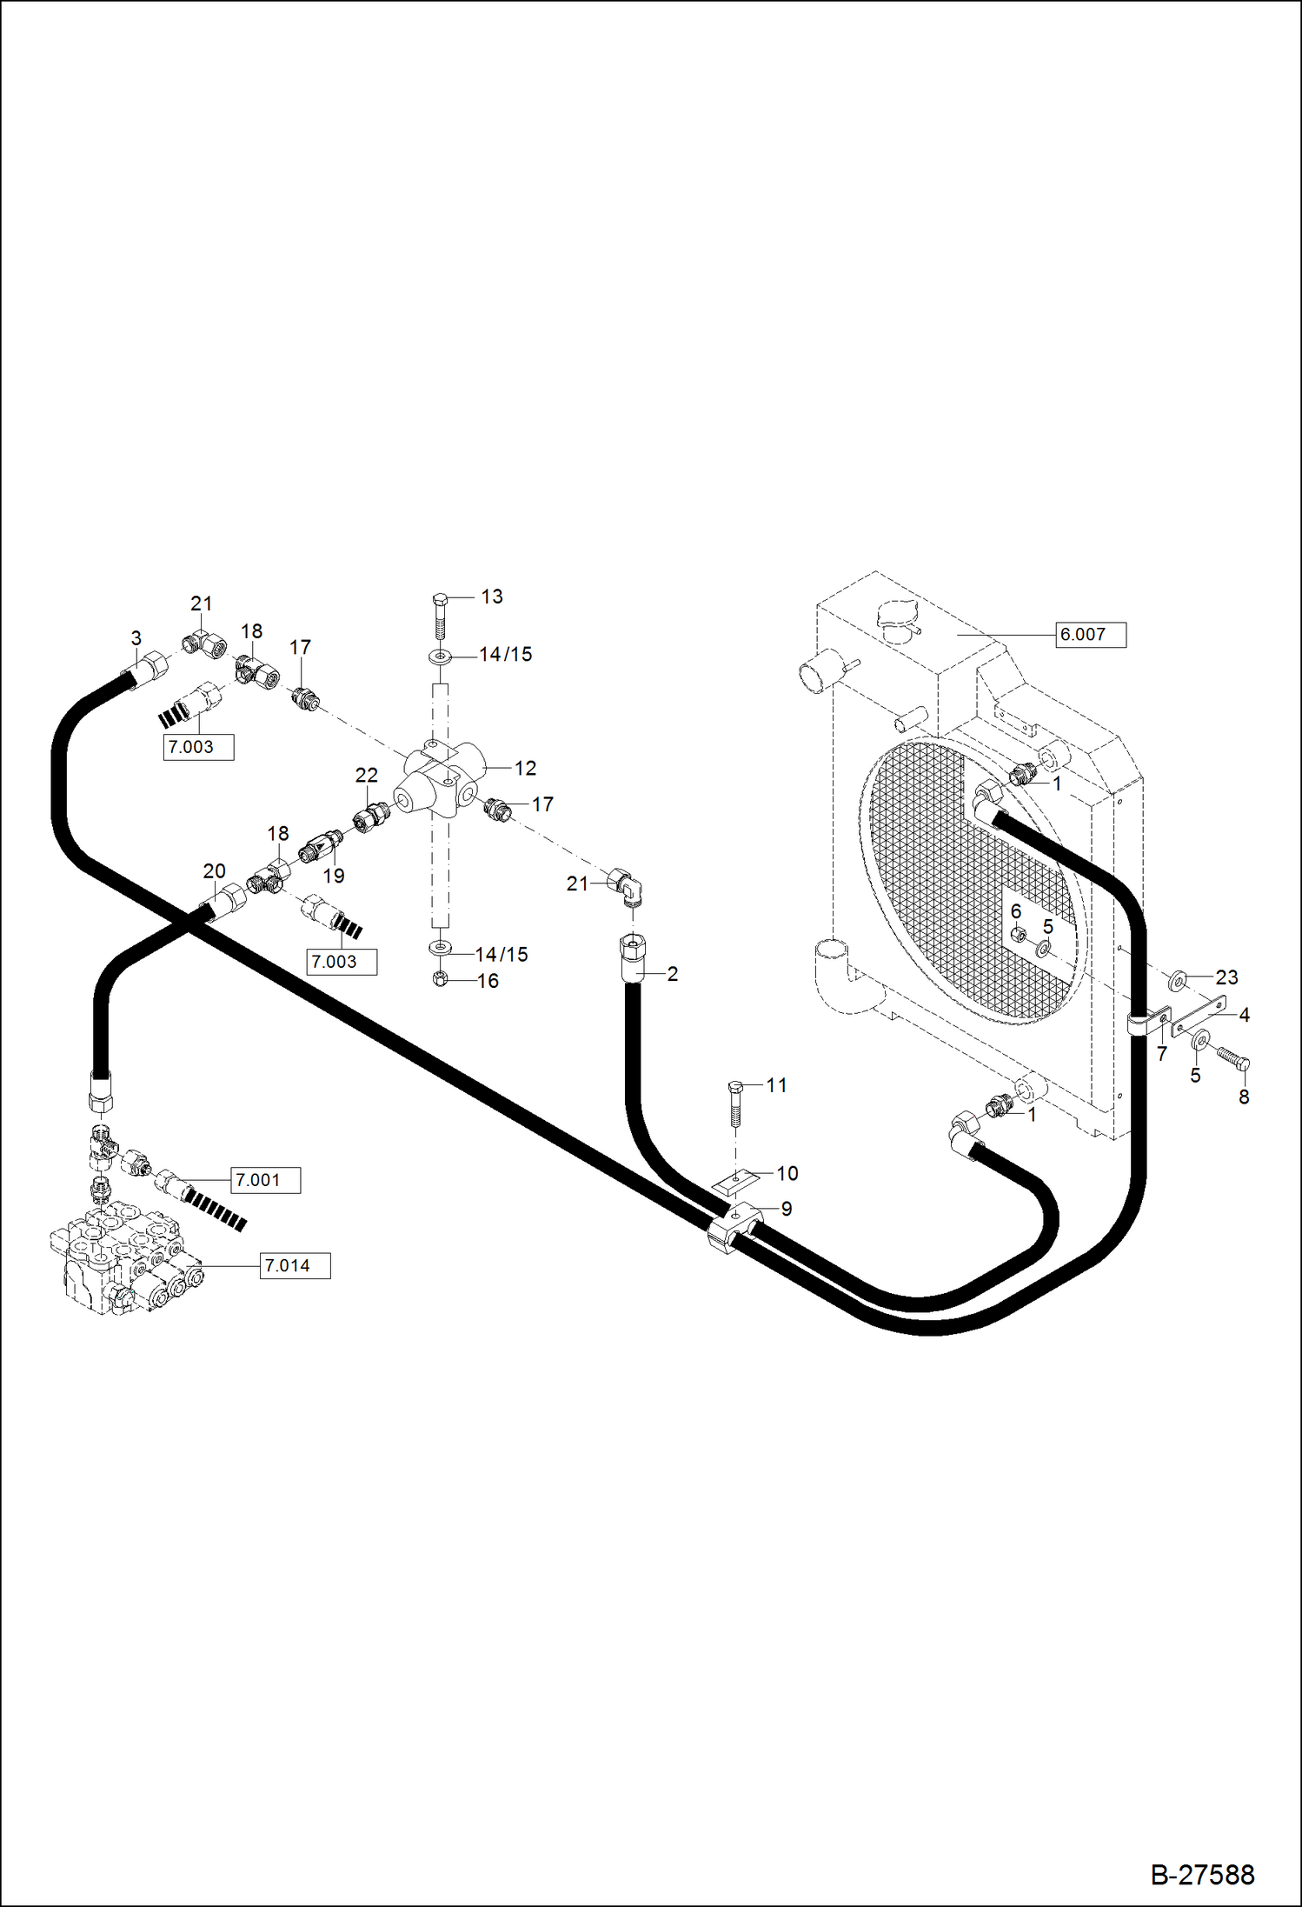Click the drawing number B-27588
pyautogui.click(x=1202, y=1874)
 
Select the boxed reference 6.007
pyautogui.click(x=1091, y=635)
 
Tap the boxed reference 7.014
pyautogui.click(x=296, y=1265)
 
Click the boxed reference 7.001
pyautogui.click(x=265, y=1180)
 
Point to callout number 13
pyautogui.click(x=492, y=597)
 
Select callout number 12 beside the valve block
pyautogui.click(x=525, y=768)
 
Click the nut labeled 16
pyautogui.click(x=440, y=979)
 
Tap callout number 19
pyautogui.click(x=334, y=876)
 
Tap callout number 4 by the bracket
pyautogui.click(x=1244, y=1015)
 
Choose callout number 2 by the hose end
pyautogui.click(x=672, y=974)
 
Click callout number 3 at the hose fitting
pyautogui.click(x=136, y=638)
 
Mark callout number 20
pyautogui.click(x=214, y=870)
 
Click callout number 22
pyautogui.click(x=367, y=775)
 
